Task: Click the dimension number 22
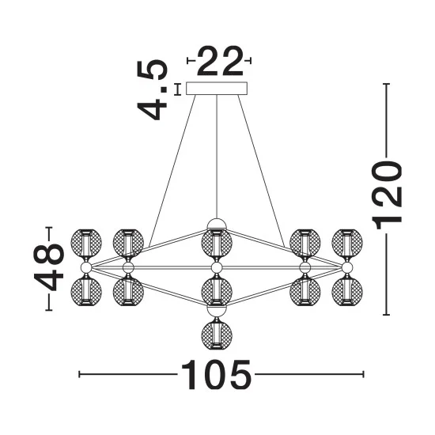(x=220, y=61)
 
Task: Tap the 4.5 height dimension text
(x=153, y=89)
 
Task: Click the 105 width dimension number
(x=216, y=375)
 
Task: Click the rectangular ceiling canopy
(x=217, y=89)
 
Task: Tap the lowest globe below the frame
(x=217, y=334)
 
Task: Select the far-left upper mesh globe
(x=86, y=243)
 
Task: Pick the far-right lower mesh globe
(x=347, y=292)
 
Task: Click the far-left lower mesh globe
(x=86, y=292)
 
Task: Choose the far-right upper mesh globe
(x=347, y=243)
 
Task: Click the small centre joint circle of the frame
(x=217, y=267)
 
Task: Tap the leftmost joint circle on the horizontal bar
(x=86, y=267)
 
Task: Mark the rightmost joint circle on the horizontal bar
(x=347, y=267)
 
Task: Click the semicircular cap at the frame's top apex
(x=217, y=224)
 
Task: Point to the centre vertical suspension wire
(x=217, y=157)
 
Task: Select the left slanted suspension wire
(x=172, y=171)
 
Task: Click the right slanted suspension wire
(x=261, y=171)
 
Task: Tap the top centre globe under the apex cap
(x=217, y=244)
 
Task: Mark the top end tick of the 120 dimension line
(x=387, y=84)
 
